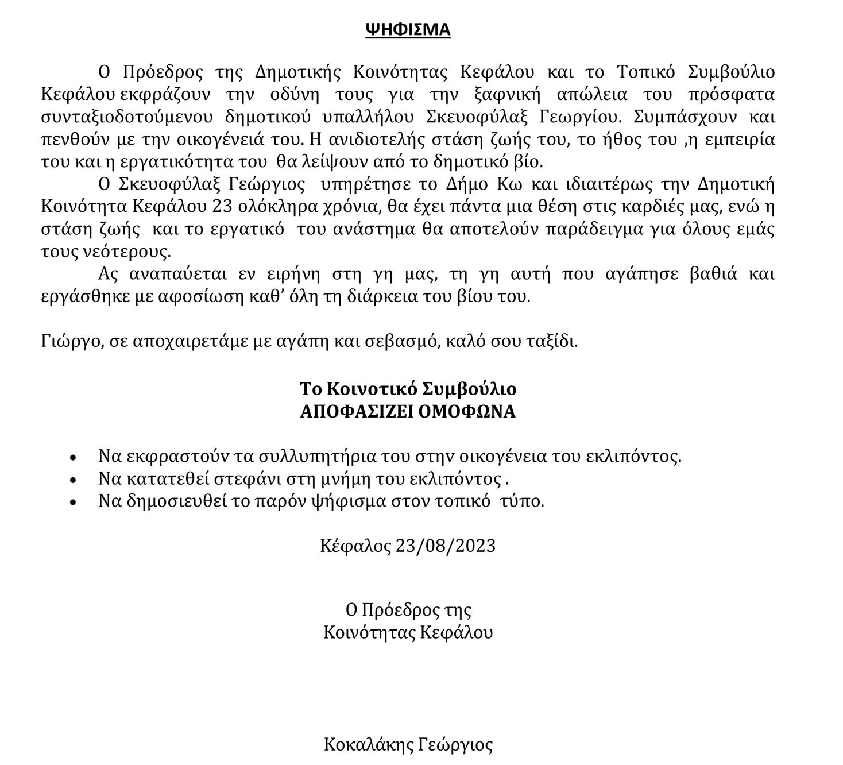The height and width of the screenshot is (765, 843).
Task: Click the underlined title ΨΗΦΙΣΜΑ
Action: [408, 29]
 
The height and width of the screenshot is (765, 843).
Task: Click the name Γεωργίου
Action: [580, 117]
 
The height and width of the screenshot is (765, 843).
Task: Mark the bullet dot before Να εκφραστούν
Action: [72, 458]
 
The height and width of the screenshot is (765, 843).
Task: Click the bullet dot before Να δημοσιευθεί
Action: [72, 502]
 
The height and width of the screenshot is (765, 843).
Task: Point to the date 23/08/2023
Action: [446, 545]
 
